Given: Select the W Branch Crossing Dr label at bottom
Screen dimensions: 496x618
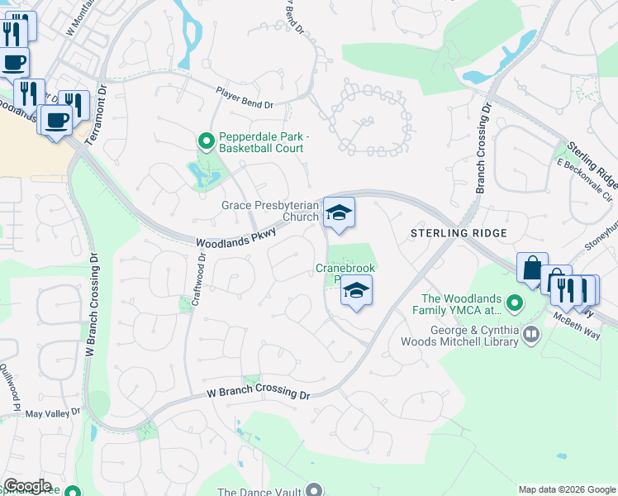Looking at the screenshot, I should [x=258, y=393].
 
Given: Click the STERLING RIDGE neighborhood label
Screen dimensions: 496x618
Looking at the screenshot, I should [x=459, y=234].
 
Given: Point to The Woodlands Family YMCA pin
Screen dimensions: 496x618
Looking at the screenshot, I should [x=515, y=304].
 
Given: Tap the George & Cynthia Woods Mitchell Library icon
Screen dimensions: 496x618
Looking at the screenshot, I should [x=530, y=335].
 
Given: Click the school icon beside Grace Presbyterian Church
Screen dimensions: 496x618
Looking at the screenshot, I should [x=339, y=214].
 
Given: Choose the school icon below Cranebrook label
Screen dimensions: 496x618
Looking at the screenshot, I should [x=356, y=292].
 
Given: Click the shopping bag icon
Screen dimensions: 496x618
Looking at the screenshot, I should [x=532, y=269].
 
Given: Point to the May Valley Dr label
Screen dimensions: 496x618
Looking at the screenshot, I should [x=53, y=413].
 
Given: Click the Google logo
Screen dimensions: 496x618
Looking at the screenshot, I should [x=28, y=486].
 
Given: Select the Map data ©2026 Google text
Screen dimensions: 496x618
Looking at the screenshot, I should [x=567, y=489].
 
